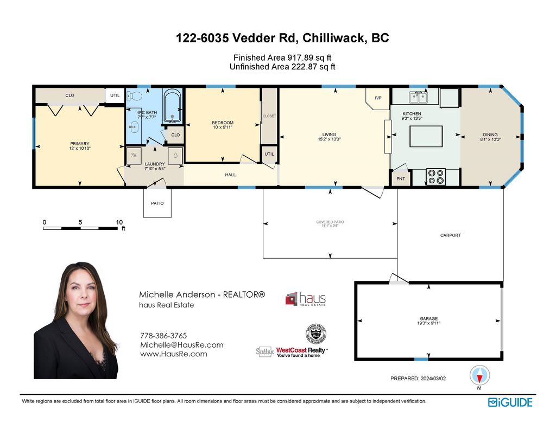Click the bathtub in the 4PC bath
pos(173,106)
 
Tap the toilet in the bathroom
pos(135,97)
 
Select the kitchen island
pos(426,136)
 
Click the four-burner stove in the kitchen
pos(435,177)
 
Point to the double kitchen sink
pos(418,98)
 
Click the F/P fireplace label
pos(378,98)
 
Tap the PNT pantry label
pos(401,179)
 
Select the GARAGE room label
pos(428,318)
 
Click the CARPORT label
pos(450,235)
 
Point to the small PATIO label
pos(157,203)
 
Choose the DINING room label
pos(490,135)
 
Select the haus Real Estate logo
pos(306,299)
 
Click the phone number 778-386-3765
pos(163,336)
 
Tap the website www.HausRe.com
pos(173,354)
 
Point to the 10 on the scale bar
pos(119,222)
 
